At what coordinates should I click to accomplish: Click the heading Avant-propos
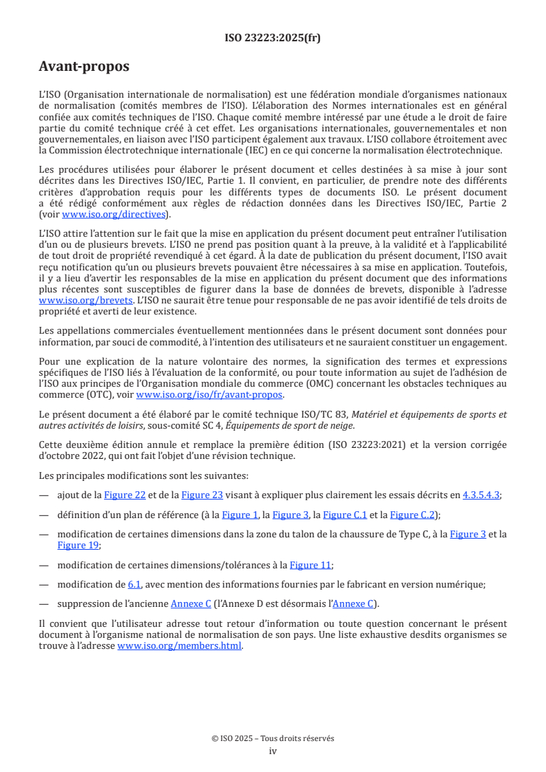click(x=84, y=67)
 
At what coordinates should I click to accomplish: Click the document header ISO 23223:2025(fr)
click(x=273, y=38)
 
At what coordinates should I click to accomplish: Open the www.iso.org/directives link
click(x=115, y=214)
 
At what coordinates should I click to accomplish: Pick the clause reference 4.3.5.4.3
click(x=480, y=495)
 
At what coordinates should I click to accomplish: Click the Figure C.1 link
click(x=344, y=515)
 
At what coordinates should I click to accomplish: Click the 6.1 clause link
click(x=134, y=585)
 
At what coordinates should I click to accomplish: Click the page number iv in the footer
click(x=273, y=751)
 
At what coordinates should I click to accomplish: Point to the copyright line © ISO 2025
click(x=273, y=738)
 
